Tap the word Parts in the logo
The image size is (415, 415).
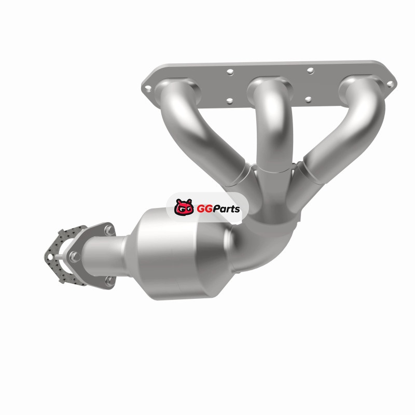point(226,209)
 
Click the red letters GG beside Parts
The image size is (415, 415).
point(204,209)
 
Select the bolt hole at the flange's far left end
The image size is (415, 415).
point(148,88)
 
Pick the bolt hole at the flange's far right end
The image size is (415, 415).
point(390,84)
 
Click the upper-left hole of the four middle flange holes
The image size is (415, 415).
point(230,72)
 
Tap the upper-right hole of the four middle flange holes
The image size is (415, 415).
point(310,71)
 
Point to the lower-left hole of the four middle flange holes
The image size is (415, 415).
point(230,101)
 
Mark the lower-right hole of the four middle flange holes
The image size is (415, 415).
point(308,100)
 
